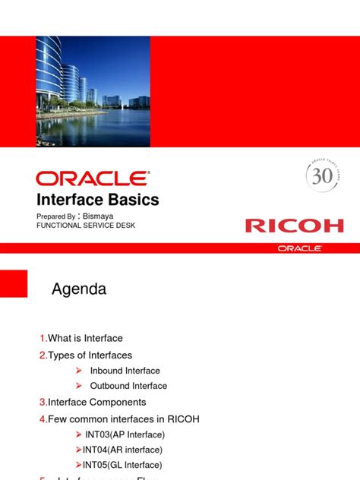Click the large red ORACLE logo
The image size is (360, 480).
click(x=93, y=178)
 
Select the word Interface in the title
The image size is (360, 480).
click(x=71, y=200)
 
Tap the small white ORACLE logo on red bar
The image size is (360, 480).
click(x=299, y=248)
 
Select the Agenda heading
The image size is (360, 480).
click(x=78, y=289)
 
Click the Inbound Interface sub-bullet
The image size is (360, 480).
click(x=125, y=371)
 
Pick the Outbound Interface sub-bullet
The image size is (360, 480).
click(x=128, y=386)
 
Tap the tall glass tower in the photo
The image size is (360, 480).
click(x=49, y=72)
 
